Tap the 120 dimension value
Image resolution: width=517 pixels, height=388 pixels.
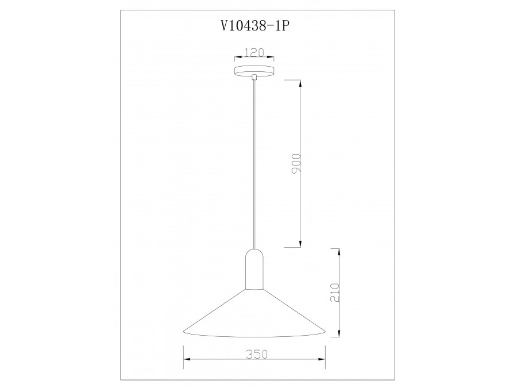pyautogui.click(x=254, y=53)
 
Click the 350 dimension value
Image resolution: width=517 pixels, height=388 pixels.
pyautogui.click(x=254, y=355)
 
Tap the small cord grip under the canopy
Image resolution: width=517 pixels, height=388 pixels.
pyautogui.click(x=254, y=78)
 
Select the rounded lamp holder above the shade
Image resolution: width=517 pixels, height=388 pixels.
pyautogui.click(x=254, y=270)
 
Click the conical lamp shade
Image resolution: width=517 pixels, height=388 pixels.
pyautogui.click(x=254, y=313)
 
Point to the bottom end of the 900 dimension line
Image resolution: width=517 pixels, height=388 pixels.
pyautogui.click(x=300, y=247)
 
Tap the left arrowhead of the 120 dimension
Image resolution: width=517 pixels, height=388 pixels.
pyautogui.click(x=236, y=57)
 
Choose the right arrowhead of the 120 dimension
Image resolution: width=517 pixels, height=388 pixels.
pyautogui.click(x=272, y=57)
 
